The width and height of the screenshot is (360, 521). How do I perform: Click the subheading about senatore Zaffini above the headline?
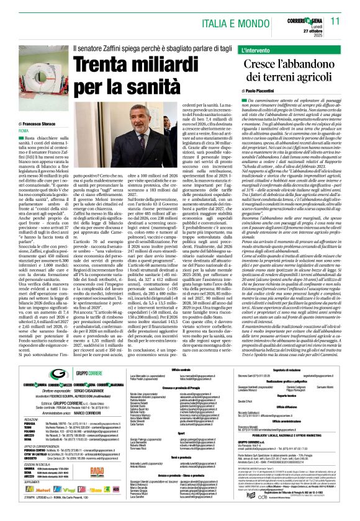click(147, 48)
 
